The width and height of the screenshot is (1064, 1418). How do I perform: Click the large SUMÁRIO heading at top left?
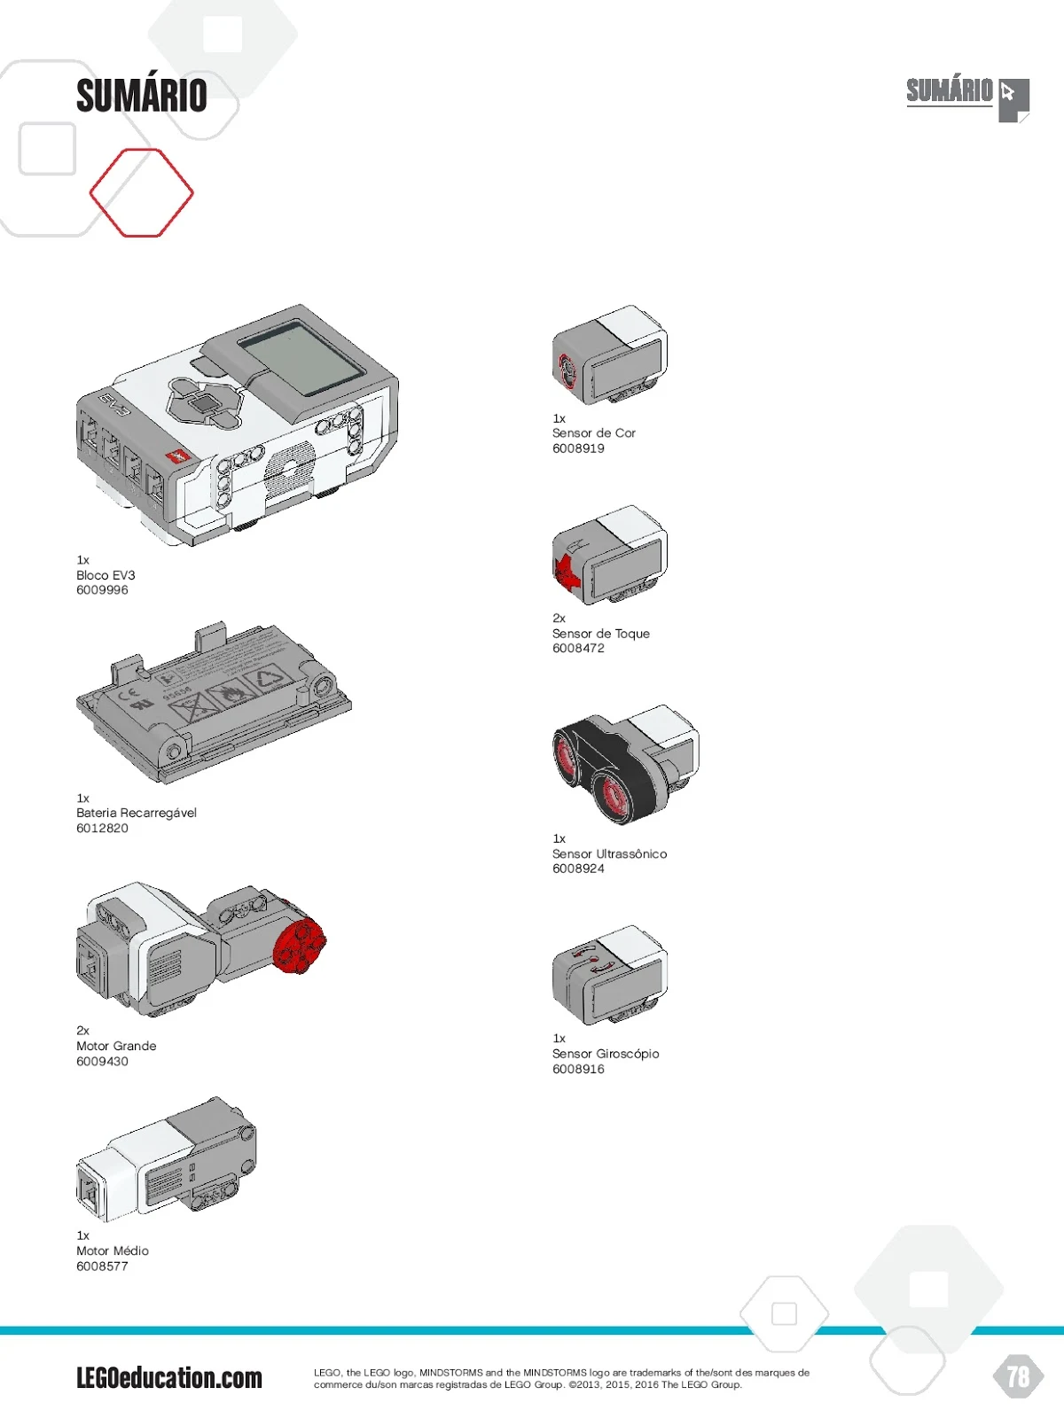(142, 96)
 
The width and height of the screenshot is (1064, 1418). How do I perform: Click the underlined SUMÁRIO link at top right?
(949, 91)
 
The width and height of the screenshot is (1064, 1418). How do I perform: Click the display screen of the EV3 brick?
(302, 359)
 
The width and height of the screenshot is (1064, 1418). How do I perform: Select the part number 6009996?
(102, 590)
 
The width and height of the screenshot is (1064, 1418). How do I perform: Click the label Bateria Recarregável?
(137, 813)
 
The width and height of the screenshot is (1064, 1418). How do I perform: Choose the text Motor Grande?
(116, 1046)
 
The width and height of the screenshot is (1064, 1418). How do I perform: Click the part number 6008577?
(102, 1266)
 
